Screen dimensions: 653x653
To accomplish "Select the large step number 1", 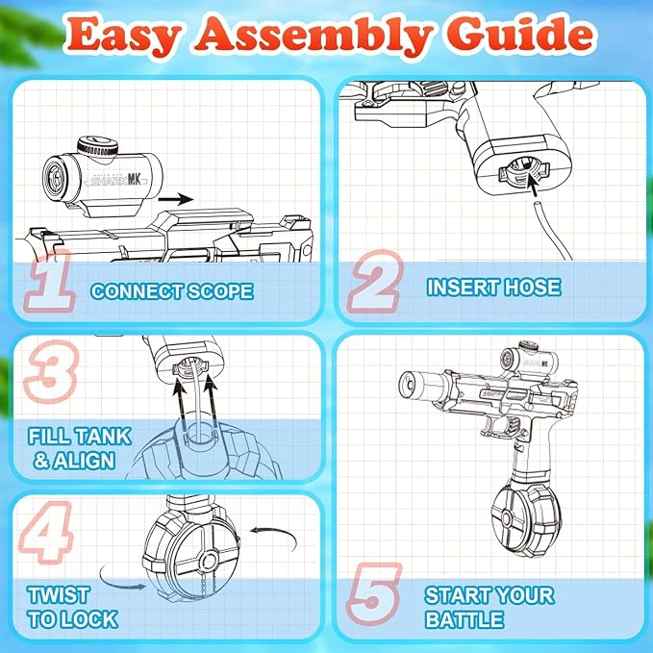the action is pos(50,280).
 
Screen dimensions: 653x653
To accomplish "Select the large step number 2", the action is pos(375,281).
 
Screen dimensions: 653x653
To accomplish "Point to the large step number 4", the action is pos(46,532).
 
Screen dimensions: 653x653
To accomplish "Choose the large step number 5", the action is pos(374,594).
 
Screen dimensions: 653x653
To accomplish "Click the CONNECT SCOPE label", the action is pos(172,291).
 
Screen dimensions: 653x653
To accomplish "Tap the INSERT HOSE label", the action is pos(494,288).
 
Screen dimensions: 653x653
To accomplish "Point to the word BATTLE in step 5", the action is pos(465,619).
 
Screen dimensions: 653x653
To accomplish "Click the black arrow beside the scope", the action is pos(176,199).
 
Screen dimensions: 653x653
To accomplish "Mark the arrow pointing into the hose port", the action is pos(532,184).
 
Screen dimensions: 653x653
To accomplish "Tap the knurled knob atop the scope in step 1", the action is pos(97,146).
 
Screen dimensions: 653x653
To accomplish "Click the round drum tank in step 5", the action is pos(525,519).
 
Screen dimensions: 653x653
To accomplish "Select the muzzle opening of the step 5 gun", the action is pos(408,383).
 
